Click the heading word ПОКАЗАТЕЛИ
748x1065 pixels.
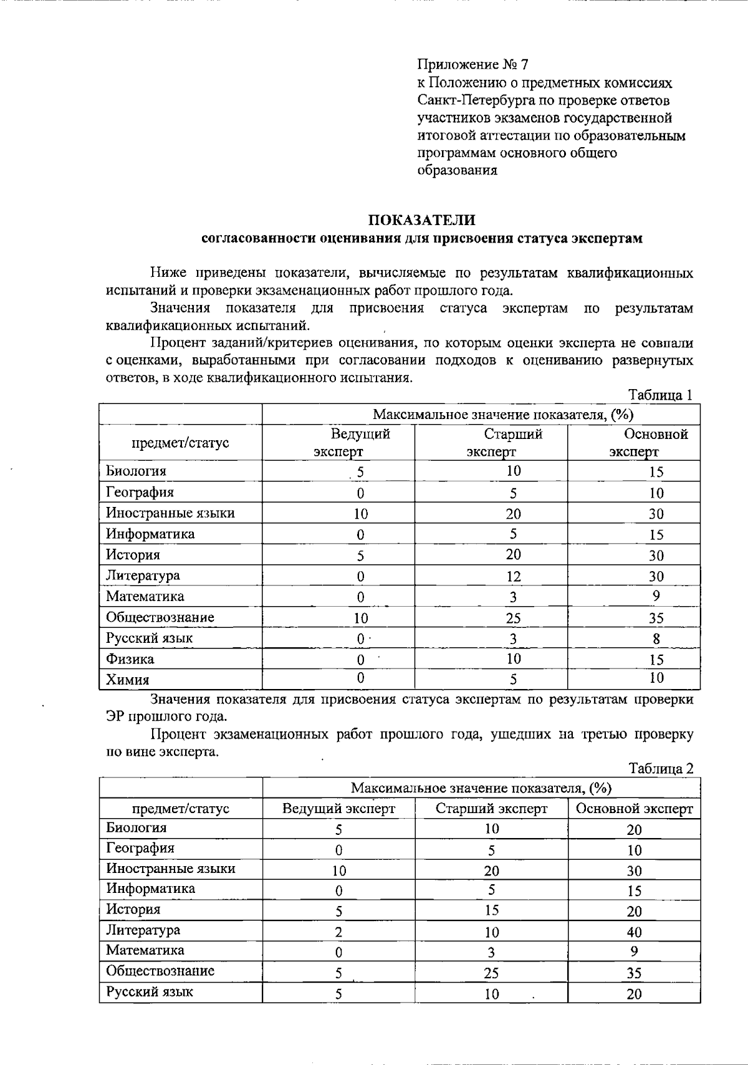[x=422, y=220]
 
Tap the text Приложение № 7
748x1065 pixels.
[x=473, y=65]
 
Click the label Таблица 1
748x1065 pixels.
[x=661, y=395]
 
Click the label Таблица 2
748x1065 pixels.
[x=661, y=769]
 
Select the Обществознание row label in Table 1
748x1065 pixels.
[x=160, y=617]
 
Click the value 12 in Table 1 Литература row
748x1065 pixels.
[x=514, y=577]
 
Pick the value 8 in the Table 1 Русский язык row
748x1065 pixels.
[x=656, y=639]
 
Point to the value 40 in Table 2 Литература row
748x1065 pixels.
[x=634, y=932]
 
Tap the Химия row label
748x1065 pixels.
[x=127, y=680]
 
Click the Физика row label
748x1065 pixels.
[x=130, y=659]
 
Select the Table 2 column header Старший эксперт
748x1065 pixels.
[x=491, y=809]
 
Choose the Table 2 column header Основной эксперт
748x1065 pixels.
[x=634, y=809]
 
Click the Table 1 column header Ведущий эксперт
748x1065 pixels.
[x=360, y=443]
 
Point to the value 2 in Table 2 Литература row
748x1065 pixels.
[x=338, y=933]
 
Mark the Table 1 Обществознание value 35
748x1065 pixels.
[x=656, y=618]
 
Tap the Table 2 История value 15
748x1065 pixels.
[x=491, y=910]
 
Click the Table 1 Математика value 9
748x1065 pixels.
[x=656, y=596]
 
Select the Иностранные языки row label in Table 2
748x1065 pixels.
[x=170, y=869]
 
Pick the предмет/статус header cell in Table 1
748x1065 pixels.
[x=180, y=443]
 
